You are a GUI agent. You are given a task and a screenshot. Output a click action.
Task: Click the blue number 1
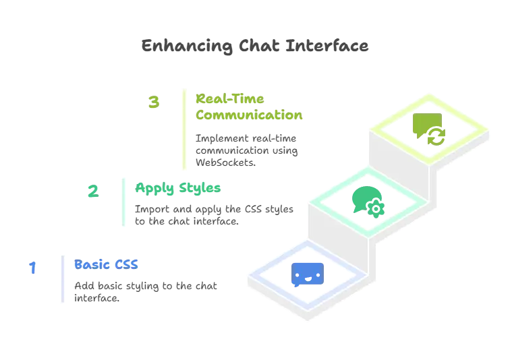[x=32, y=268]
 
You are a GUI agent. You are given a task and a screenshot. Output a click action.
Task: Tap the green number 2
[x=94, y=191]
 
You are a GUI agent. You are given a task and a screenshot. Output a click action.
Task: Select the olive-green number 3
[x=154, y=104]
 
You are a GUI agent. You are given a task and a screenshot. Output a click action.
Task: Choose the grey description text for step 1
[x=146, y=291]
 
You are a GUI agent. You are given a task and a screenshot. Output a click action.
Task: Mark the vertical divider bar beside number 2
[x=124, y=202]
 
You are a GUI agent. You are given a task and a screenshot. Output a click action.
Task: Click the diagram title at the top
[x=255, y=47]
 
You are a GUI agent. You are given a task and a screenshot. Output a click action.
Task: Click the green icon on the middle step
[x=368, y=200]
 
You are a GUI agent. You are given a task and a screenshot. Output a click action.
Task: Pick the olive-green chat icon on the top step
[x=428, y=127]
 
